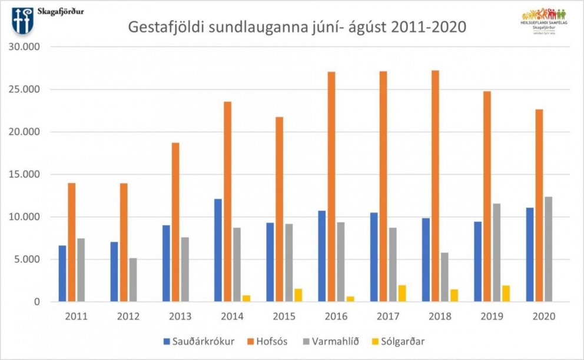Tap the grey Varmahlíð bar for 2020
(548, 249)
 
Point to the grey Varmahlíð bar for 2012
(132, 280)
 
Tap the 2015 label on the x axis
(284, 316)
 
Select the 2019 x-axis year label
(492, 316)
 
